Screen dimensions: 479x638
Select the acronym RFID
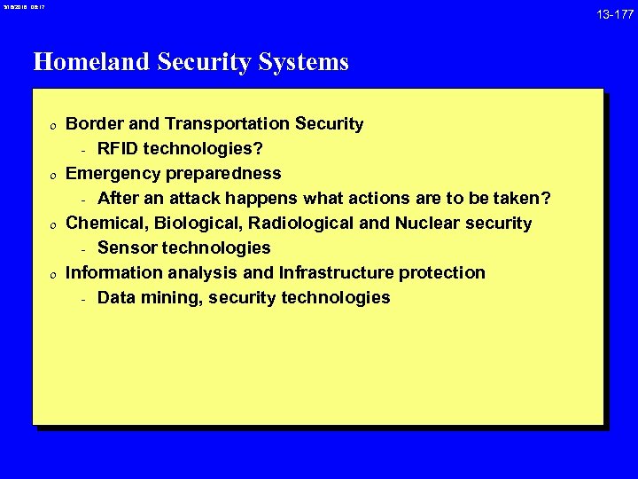point(118,149)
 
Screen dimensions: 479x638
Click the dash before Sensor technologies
point(82,248)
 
